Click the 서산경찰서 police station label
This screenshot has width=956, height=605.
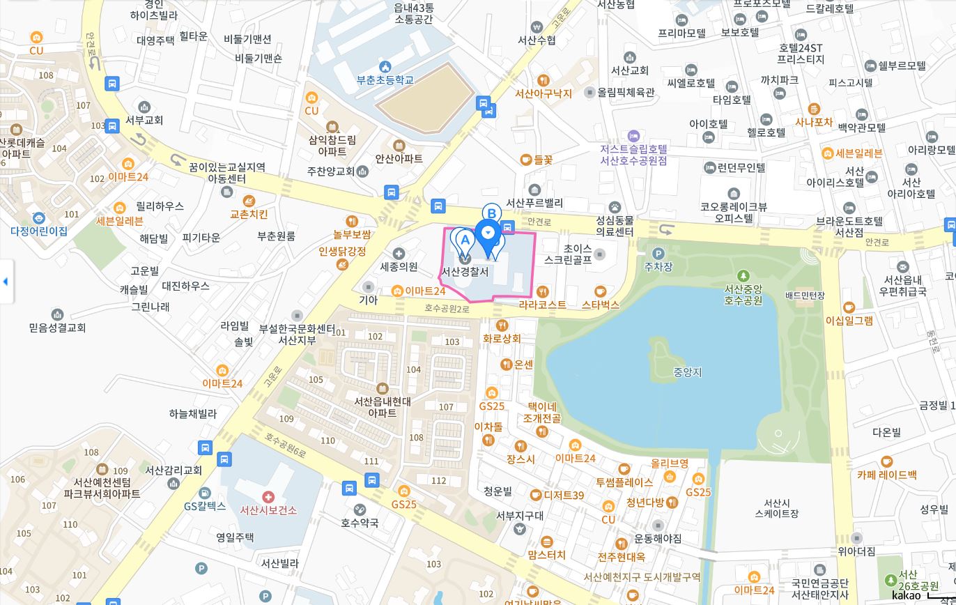tap(465, 272)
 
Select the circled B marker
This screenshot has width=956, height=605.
tap(491, 213)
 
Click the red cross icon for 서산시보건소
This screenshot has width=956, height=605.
tap(268, 496)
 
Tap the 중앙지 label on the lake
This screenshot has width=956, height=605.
tap(687, 372)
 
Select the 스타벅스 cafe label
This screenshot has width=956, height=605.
tap(600, 305)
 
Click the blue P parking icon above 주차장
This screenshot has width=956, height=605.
tap(658, 254)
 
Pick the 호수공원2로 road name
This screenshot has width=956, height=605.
tap(447, 307)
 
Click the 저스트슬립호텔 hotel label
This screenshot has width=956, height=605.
tap(633, 155)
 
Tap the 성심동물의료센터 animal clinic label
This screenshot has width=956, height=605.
tap(615, 226)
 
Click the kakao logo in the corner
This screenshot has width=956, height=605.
tap(906, 595)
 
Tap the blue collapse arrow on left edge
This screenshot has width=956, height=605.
tap(6, 282)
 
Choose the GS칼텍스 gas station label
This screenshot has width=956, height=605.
tap(205, 507)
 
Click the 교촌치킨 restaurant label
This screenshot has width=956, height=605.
tap(249, 214)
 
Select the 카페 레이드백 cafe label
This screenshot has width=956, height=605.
tap(886, 475)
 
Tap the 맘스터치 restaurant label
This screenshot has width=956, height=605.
tap(546, 555)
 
